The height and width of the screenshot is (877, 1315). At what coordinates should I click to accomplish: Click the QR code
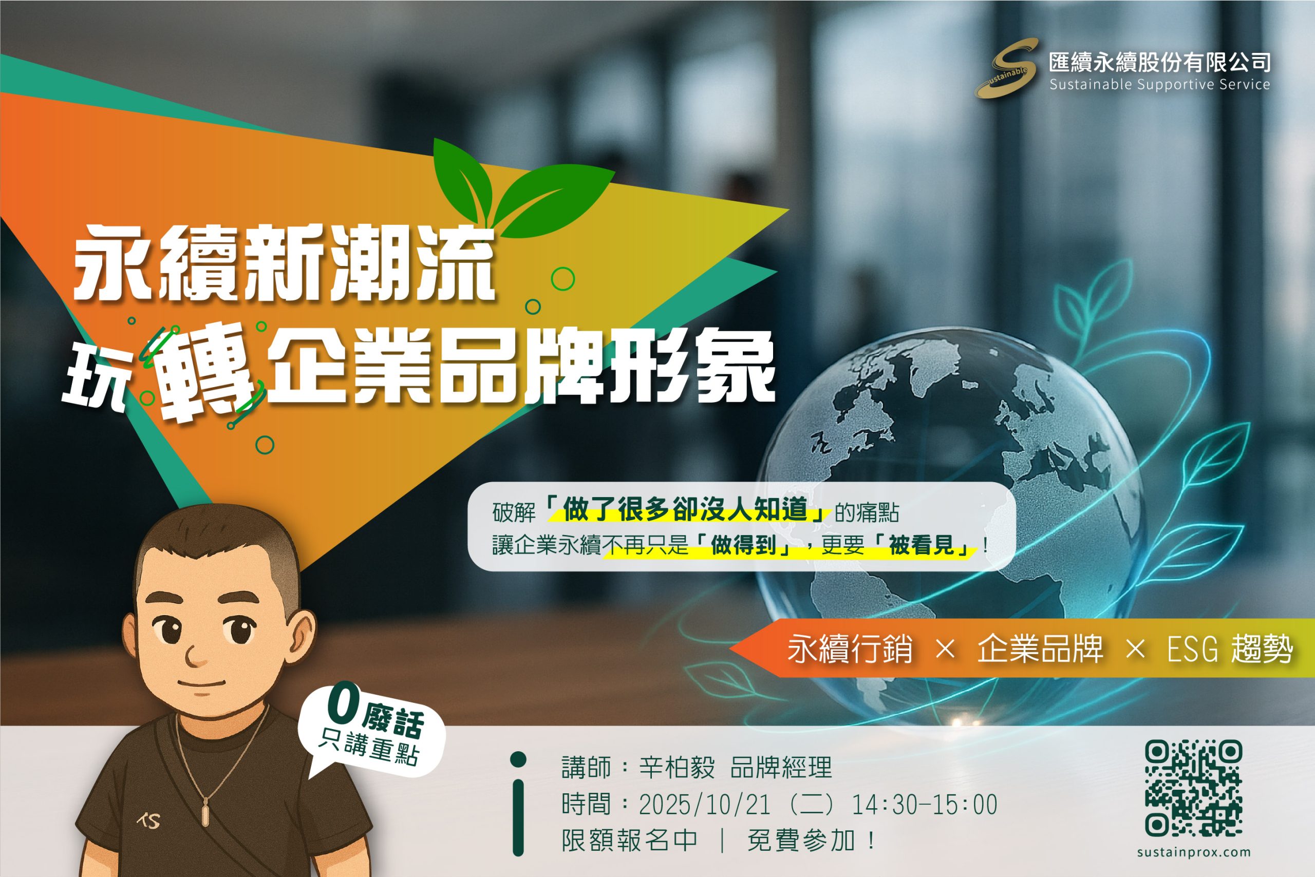(x=1194, y=789)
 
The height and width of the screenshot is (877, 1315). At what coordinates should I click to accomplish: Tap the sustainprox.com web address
(x=1194, y=852)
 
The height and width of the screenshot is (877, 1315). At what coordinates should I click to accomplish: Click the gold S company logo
(x=1006, y=68)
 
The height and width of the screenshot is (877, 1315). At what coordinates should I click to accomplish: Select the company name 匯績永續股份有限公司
(x=1159, y=62)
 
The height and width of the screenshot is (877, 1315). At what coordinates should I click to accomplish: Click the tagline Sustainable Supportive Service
(x=1159, y=84)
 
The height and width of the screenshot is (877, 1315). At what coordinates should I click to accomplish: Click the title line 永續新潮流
(x=284, y=262)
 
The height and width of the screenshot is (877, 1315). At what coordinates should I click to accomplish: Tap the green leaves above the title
(x=523, y=187)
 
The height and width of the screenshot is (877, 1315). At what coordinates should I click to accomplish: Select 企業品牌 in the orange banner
(x=1040, y=649)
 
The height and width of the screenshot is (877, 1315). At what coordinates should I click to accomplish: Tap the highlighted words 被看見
(x=921, y=544)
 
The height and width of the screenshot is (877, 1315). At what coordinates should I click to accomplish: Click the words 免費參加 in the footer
(x=801, y=840)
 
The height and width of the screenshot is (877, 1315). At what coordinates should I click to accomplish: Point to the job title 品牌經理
(x=781, y=767)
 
